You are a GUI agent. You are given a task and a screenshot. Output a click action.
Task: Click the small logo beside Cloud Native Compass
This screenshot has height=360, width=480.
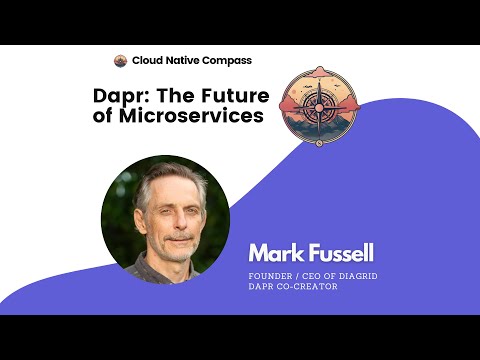(121, 61)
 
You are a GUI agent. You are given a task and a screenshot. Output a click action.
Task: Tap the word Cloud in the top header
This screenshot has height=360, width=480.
(147, 61)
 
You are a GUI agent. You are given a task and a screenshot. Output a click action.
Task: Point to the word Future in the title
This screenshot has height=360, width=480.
(231, 97)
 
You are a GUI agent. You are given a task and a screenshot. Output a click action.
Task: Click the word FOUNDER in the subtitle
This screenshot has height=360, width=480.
(271, 277)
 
